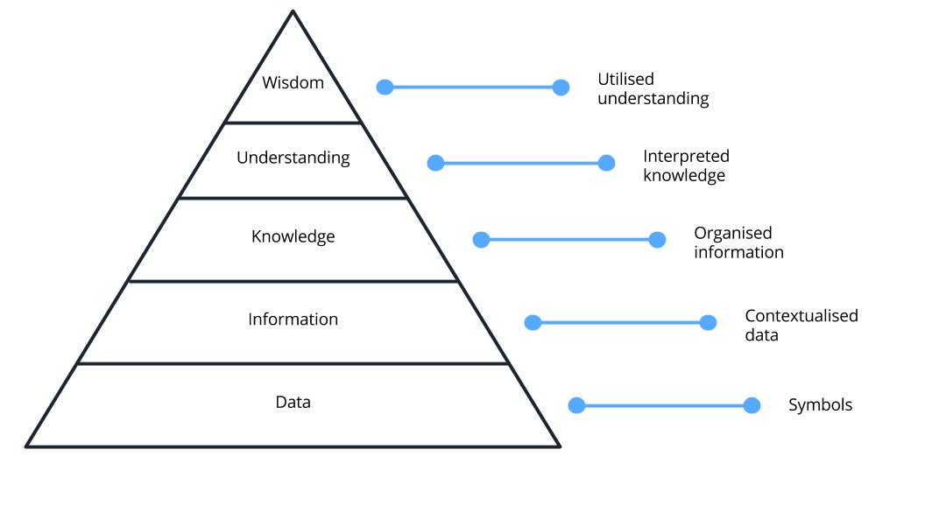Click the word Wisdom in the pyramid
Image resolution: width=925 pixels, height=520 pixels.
pyautogui.click(x=293, y=83)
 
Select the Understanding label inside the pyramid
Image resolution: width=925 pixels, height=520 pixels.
pyautogui.click(x=293, y=158)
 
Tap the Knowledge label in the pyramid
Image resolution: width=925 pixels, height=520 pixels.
pyautogui.click(x=293, y=236)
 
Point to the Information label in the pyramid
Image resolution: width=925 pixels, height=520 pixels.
pyautogui.click(x=293, y=320)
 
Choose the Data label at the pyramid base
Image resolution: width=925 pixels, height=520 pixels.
pyautogui.click(x=293, y=403)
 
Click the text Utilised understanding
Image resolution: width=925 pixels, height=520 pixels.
pyautogui.click(x=653, y=88)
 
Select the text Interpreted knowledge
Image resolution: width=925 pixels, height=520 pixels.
pyautogui.click(x=686, y=165)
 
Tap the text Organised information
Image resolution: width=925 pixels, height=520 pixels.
pyautogui.click(x=738, y=242)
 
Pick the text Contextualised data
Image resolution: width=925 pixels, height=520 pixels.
pyautogui.click(x=801, y=325)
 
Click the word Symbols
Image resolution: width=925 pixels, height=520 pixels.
pyautogui.click(x=820, y=405)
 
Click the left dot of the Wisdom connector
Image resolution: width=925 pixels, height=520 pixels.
pyautogui.click(x=385, y=87)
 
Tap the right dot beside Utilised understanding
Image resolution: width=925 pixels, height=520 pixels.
pyautogui.click(x=561, y=87)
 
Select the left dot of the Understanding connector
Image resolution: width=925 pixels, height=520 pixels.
pyautogui.click(x=435, y=163)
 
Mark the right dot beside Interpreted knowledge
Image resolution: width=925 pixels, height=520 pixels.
pyautogui.click(x=606, y=163)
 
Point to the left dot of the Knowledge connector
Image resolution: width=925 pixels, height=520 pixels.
pyautogui.click(x=481, y=240)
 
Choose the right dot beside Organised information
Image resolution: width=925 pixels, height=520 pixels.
pyautogui.click(x=657, y=240)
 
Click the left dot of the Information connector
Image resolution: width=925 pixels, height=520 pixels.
pyautogui.click(x=532, y=322)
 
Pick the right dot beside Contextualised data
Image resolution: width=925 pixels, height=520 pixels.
pyautogui.click(x=708, y=322)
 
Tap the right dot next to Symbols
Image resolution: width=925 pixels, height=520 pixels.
pyautogui.click(x=752, y=405)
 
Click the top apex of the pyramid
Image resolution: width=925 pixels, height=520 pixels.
pyautogui.click(x=293, y=12)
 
